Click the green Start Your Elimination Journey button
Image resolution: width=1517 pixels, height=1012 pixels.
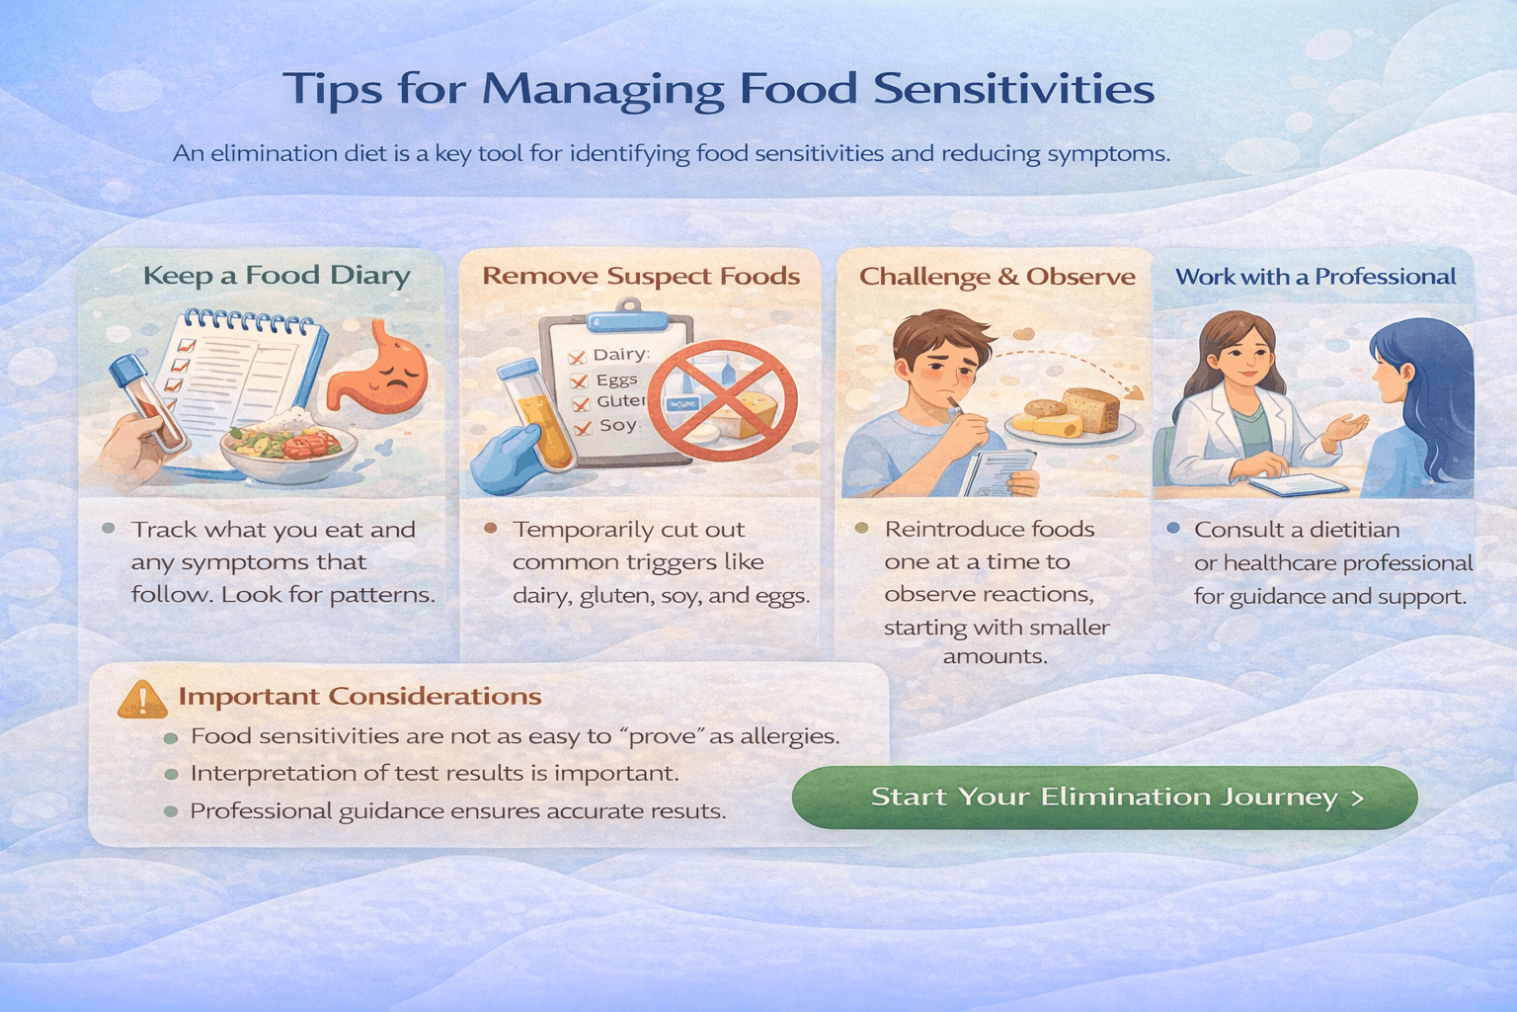[1104, 797]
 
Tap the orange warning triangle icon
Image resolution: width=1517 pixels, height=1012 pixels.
[142, 700]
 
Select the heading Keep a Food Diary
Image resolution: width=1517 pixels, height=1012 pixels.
[277, 275]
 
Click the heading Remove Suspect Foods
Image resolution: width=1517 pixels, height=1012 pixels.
[641, 276]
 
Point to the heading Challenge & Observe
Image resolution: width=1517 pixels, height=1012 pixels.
[997, 277]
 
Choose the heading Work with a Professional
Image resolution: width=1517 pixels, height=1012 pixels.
[1316, 277]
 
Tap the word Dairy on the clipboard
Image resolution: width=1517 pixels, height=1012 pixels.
[620, 355]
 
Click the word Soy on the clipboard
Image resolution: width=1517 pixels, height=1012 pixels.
[617, 425]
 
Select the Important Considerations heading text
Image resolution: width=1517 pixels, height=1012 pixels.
[359, 697]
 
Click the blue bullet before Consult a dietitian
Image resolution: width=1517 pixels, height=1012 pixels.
[1173, 529]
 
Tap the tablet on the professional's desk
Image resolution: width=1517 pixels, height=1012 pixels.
[1298, 484]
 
